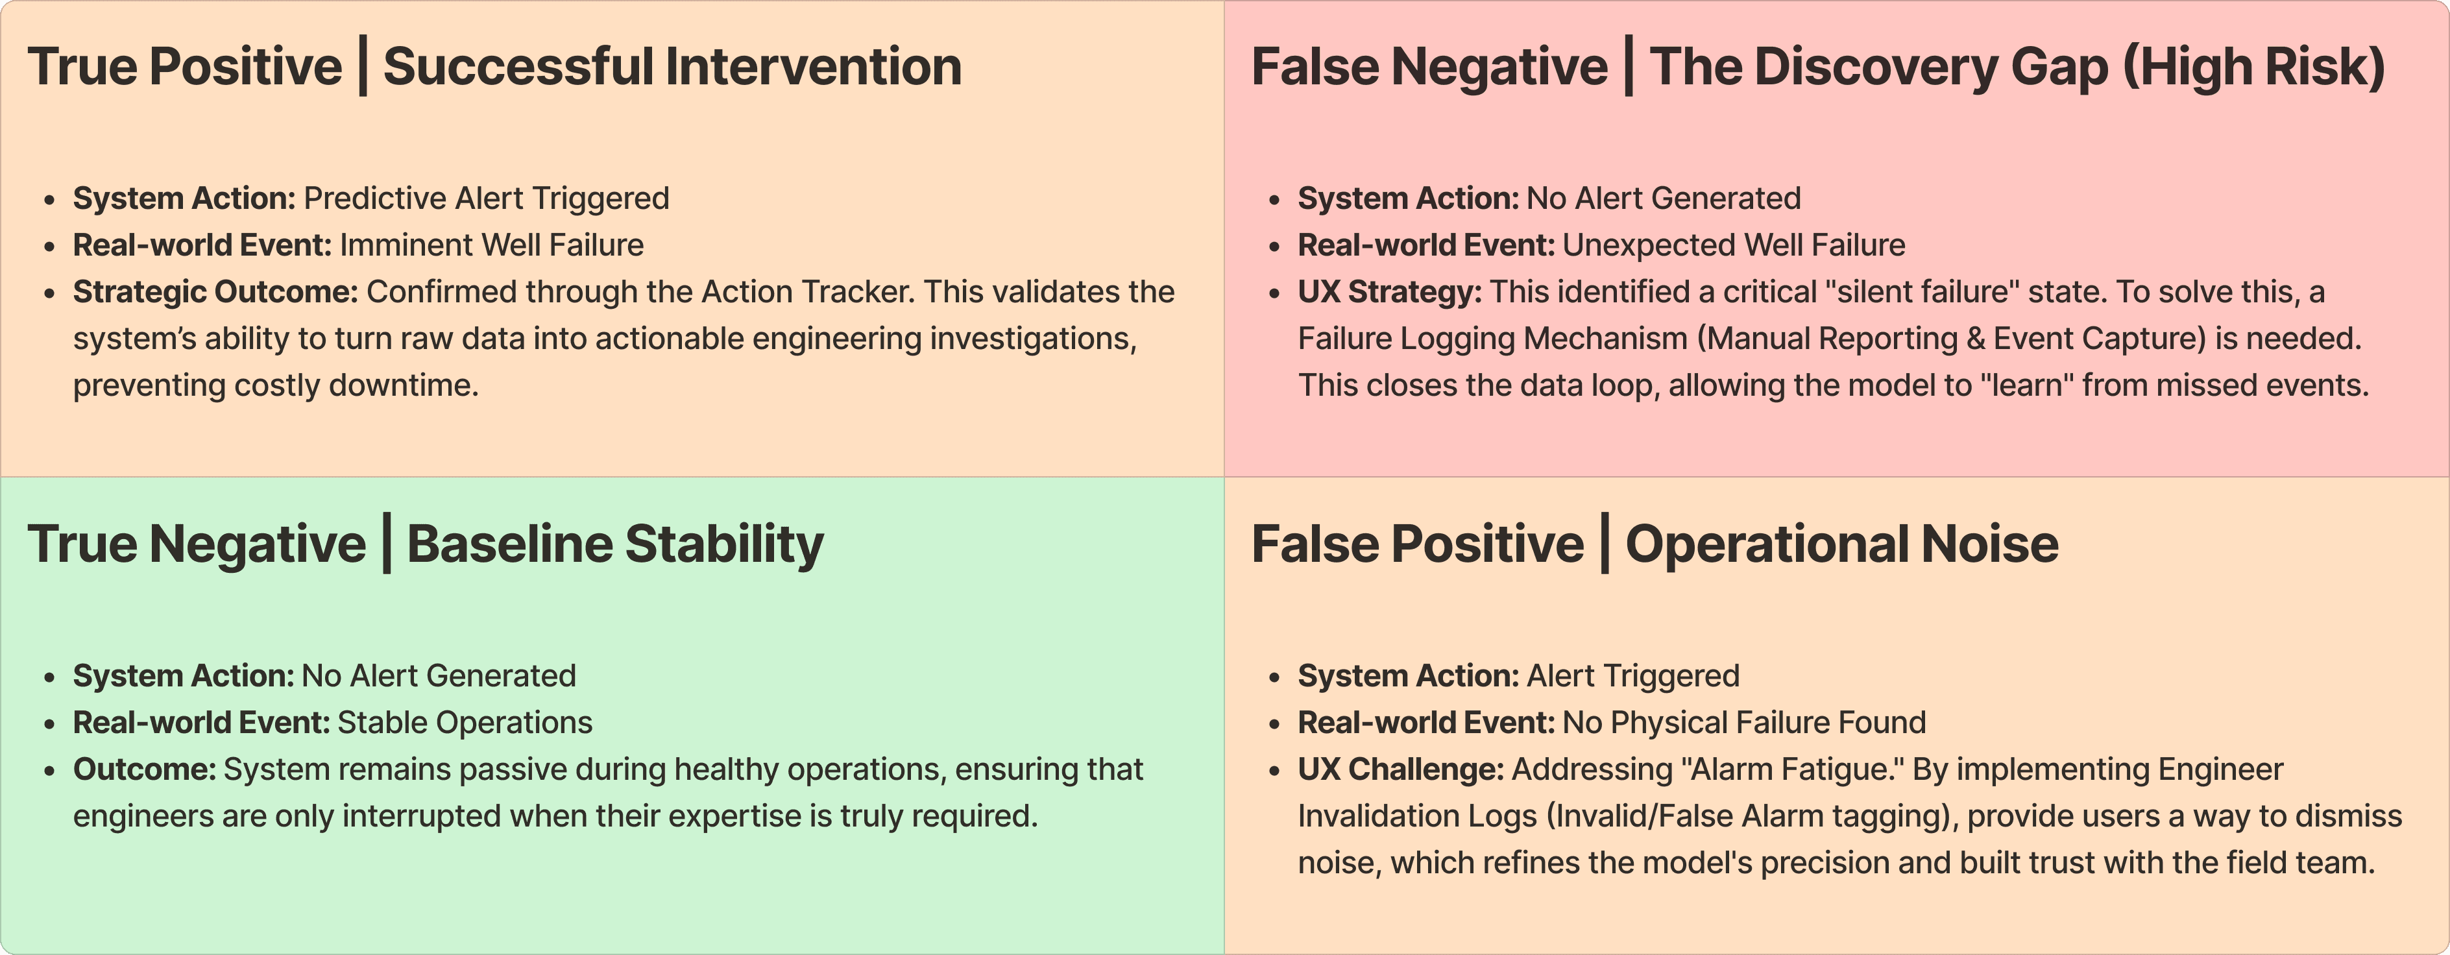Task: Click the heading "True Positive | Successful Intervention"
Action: pyautogui.click(x=494, y=67)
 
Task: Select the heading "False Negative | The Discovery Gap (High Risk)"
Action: pyautogui.click(x=1817, y=67)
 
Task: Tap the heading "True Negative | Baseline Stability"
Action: pyautogui.click(x=425, y=545)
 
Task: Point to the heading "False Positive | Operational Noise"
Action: pyautogui.click(x=1655, y=545)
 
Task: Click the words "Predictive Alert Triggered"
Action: pyautogui.click(x=486, y=198)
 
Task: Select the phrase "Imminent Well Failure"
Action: pyautogui.click(x=492, y=245)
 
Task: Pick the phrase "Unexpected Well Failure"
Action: pyautogui.click(x=1734, y=245)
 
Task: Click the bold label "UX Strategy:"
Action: pyautogui.click(x=1390, y=292)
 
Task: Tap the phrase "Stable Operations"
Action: pyautogui.click(x=465, y=723)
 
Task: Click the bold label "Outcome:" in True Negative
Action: pyautogui.click(x=145, y=769)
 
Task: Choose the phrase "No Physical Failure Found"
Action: pyautogui.click(x=1744, y=723)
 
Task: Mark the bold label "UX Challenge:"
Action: pyautogui.click(x=1401, y=769)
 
